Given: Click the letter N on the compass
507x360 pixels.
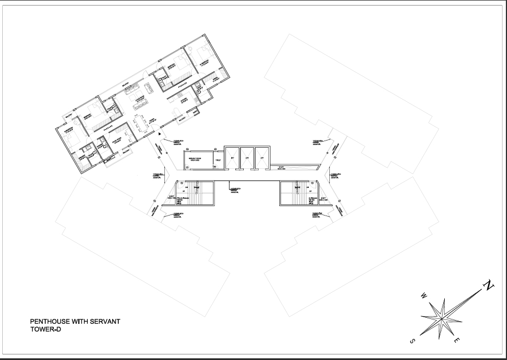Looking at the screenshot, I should [488, 286].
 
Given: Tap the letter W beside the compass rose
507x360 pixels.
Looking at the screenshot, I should [424, 295].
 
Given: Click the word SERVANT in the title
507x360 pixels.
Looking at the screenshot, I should [106, 321].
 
